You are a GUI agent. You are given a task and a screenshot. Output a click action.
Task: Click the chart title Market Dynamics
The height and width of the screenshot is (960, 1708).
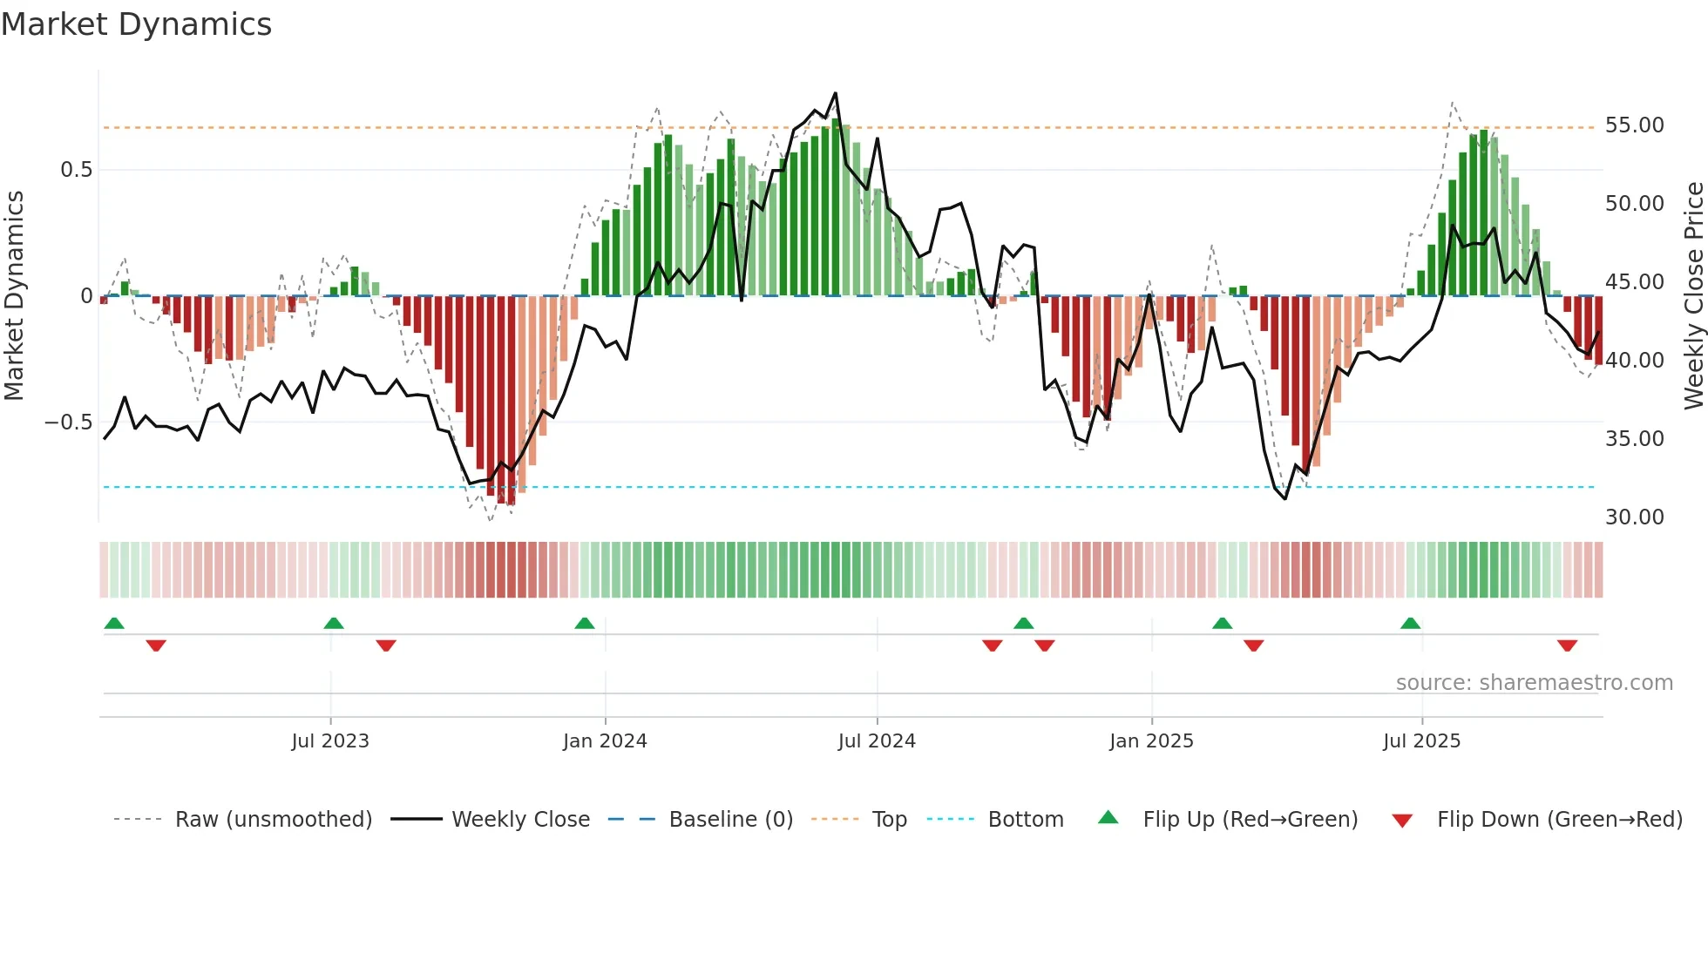pos(136,24)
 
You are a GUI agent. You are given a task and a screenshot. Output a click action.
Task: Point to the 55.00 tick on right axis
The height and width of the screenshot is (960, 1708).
pos(1634,125)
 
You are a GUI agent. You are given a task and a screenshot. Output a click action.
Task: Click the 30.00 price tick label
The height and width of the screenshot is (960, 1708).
pos(1634,517)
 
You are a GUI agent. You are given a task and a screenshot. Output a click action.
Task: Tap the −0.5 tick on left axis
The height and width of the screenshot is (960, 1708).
pos(69,423)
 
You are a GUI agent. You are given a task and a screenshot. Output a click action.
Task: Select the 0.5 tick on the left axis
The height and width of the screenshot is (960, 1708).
pos(76,170)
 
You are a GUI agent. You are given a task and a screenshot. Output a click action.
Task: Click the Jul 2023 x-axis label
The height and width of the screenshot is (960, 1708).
pos(330,741)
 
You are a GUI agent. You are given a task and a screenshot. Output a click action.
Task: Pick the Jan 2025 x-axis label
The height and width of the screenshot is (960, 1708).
pos(1151,741)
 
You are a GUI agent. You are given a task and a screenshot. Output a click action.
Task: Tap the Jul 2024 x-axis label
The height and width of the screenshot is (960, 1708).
pos(877,741)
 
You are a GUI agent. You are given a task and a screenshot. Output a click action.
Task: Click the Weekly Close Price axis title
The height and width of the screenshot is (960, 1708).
pos(1693,295)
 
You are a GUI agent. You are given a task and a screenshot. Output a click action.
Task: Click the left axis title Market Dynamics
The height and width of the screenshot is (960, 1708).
pos(14,295)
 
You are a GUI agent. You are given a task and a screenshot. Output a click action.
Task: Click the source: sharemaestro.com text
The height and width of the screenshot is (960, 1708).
pos(1534,683)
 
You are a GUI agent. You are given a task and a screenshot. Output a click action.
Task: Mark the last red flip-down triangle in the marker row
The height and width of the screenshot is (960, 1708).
pos(1567,646)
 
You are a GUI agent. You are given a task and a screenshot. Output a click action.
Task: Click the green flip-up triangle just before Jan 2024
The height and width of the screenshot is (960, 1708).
pos(585,623)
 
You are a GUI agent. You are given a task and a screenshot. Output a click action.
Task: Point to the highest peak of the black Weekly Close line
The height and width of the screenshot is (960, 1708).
pos(835,93)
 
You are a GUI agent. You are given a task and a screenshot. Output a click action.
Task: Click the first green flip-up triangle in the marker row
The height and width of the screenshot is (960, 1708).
pos(114,623)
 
